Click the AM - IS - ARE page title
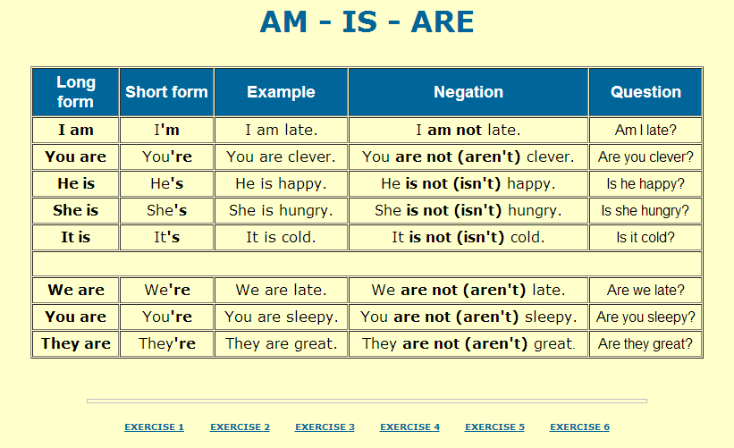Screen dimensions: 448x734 [367, 21]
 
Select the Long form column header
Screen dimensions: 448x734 [75, 91]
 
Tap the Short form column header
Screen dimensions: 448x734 [166, 91]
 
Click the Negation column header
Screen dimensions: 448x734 [468, 91]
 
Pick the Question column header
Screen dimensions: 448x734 [645, 91]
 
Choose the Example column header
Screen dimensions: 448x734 [281, 91]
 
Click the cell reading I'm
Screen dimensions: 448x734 [166, 130]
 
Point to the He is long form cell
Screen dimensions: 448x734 [75, 183]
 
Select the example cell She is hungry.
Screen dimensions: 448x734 [281, 210]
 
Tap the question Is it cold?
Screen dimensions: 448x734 [645, 237]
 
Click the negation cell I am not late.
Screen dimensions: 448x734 [468, 130]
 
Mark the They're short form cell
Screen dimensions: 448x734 [166, 343]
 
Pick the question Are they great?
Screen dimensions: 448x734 [645, 343]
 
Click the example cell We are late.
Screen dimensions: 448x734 [281, 290]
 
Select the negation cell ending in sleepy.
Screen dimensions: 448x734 [468, 317]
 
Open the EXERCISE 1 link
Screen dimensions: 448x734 [154, 427]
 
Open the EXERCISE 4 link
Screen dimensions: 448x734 [409, 427]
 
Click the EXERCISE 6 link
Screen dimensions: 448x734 [579, 427]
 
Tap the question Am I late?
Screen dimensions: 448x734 [645, 130]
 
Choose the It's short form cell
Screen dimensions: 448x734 [166, 237]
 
